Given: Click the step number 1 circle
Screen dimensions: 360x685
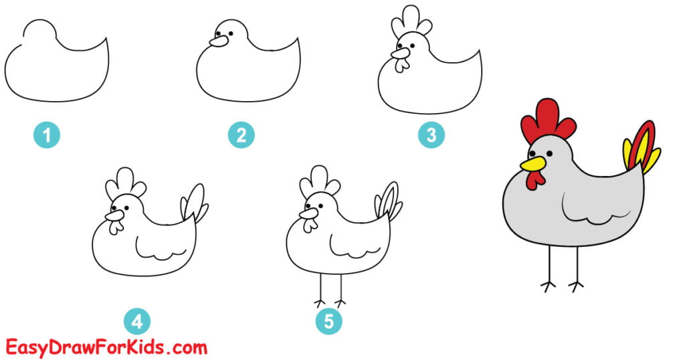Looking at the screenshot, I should point(47,136).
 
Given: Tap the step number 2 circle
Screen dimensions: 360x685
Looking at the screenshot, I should point(241,136).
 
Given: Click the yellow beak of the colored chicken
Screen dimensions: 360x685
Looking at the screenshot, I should point(532,163).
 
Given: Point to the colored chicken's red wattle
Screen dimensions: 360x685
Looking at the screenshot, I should point(534,179).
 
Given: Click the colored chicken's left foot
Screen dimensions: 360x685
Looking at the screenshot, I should point(549,286).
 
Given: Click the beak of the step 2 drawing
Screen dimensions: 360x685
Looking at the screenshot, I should point(218,41).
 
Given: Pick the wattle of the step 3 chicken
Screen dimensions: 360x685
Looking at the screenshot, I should point(401,64).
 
